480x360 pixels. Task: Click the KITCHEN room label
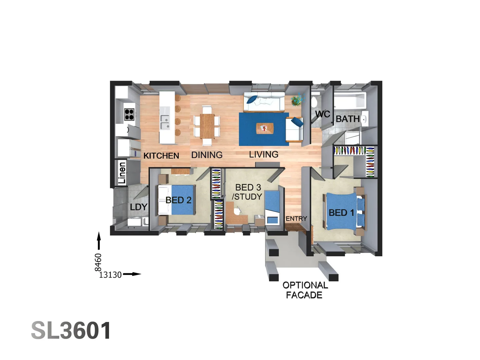pyautogui.click(x=161, y=156)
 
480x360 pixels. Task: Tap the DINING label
pyautogui.click(x=207, y=155)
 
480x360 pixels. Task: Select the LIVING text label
pyautogui.click(x=264, y=154)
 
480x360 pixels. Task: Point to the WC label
pyautogui.click(x=322, y=114)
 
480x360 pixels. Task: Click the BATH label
pyautogui.click(x=348, y=119)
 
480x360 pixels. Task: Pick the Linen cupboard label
pyautogui.click(x=122, y=173)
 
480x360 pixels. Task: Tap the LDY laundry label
pyautogui.click(x=138, y=207)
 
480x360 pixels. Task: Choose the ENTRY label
pyautogui.click(x=296, y=219)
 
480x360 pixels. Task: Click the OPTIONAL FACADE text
pyautogui.click(x=305, y=290)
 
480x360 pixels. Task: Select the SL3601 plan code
pyautogui.click(x=71, y=331)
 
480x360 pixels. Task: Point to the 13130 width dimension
pyautogui.click(x=110, y=275)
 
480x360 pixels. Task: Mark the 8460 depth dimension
pyautogui.click(x=98, y=262)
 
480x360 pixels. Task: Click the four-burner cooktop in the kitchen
pyautogui.click(x=129, y=114)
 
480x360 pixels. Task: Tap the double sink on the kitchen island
pyautogui.click(x=165, y=122)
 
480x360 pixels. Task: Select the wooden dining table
pyautogui.click(x=207, y=126)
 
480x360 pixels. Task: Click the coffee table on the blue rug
pyautogui.click(x=265, y=128)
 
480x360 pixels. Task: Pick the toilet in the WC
pyautogui.click(x=315, y=101)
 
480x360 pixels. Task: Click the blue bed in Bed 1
pyautogui.click(x=342, y=212)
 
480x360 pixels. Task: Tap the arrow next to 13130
pyautogui.click(x=132, y=274)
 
